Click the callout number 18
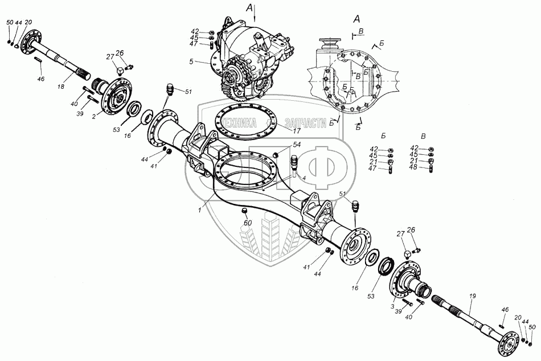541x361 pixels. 61,87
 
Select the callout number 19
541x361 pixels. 472,296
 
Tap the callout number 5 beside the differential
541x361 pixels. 191,61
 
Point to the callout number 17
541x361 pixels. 297,131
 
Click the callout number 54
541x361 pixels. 297,145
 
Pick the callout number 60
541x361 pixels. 248,223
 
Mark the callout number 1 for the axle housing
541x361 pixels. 199,210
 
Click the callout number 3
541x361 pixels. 392,306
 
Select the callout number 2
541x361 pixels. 94,116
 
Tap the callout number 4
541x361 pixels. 304,178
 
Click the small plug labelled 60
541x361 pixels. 244,211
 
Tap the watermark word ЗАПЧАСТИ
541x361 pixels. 306,123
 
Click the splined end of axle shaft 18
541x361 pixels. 84,76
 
